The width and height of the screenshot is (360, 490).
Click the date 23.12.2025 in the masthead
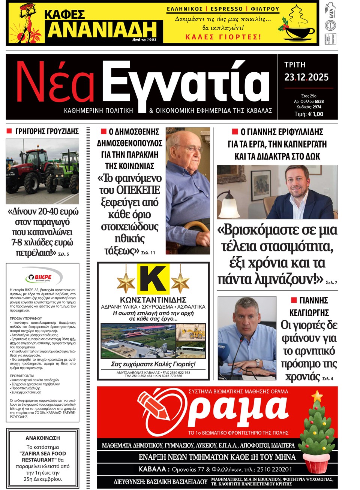click(x=306, y=78)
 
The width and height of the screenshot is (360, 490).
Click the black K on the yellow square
click(x=153, y=279)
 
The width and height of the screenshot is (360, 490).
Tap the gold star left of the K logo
click(x=126, y=283)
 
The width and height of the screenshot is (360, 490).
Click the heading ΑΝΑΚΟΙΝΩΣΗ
click(x=43, y=438)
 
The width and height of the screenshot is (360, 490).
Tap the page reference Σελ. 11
click(x=148, y=253)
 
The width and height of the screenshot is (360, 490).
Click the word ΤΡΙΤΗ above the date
click(x=295, y=65)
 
